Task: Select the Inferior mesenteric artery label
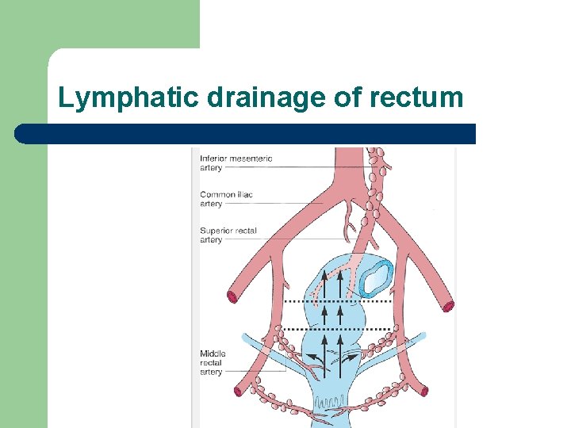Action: click(x=236, y=162)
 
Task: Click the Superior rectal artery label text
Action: click(x=228, y=235)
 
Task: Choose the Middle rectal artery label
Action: click(x=213, y=362)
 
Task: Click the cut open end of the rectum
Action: click(x=375, y=277)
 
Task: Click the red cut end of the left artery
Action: click(x=233, y=298)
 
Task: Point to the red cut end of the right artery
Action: click(x=449, y=305)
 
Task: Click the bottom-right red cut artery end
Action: click(x=424, y=390)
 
